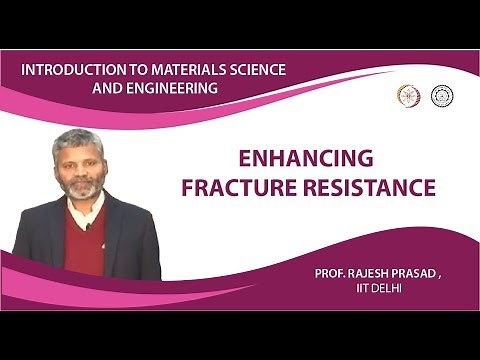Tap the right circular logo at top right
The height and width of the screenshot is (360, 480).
click(x=440, y=96)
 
